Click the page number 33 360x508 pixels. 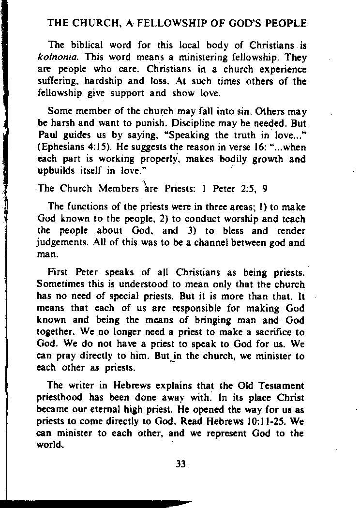point(181,464)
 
